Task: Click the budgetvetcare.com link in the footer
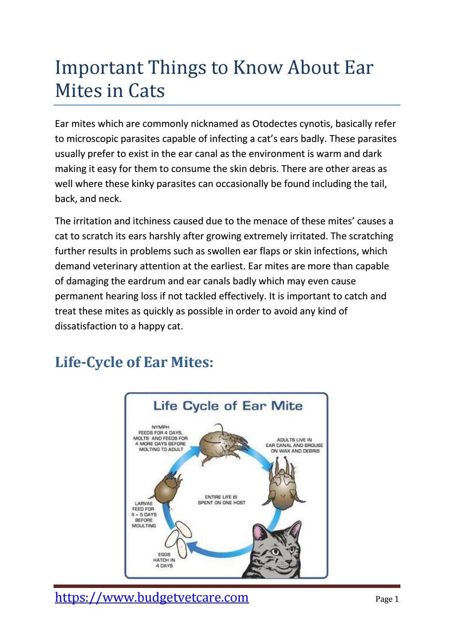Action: tap(152, 597)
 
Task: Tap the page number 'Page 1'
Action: tap(387, 599)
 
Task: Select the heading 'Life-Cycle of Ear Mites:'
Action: tap(134, 362)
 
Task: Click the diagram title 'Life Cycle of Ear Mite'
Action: tap(228, 406)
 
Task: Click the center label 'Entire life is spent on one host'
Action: tap(221, 500)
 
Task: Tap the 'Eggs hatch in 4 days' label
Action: tap(164, 560)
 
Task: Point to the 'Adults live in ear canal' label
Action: tap(295, 445)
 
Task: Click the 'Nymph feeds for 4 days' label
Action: tap(160, 438)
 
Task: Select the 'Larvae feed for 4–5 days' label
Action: tap(144, 514)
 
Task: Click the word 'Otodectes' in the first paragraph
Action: tap(273, 124)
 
